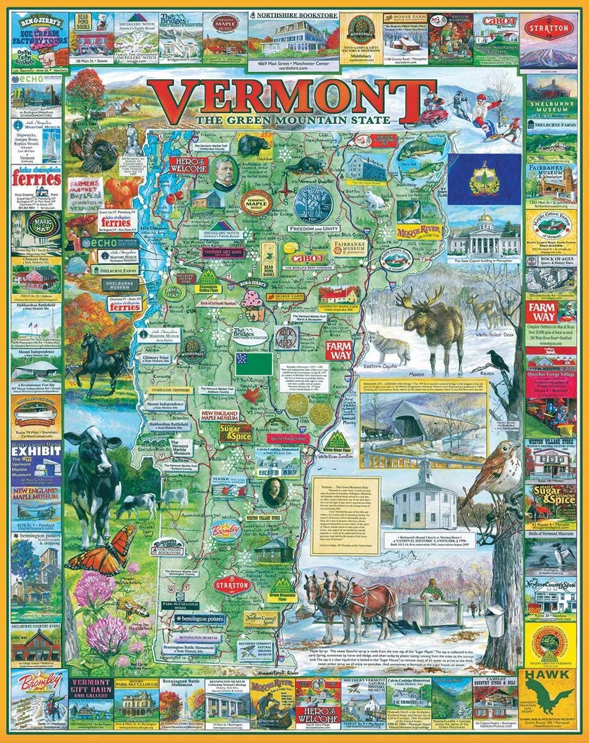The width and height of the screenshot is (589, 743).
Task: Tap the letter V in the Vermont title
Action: point(175,98)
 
